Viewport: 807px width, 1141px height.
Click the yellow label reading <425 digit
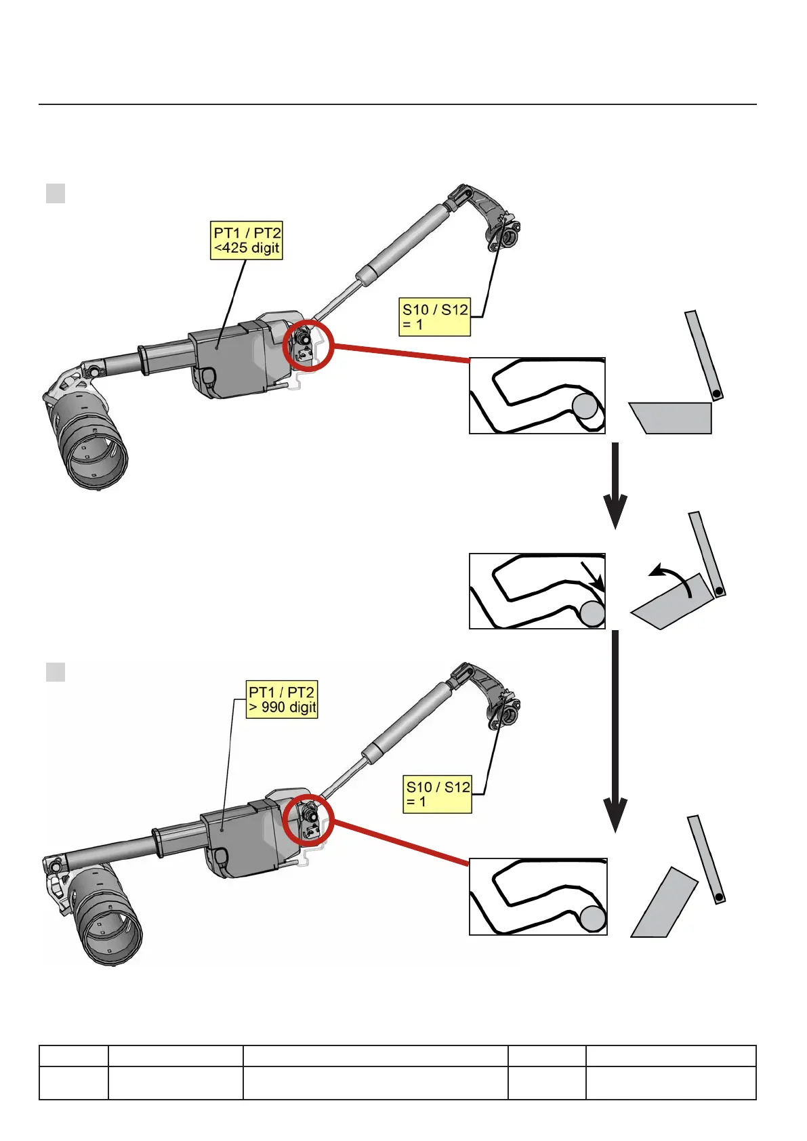click(x=246, y=241)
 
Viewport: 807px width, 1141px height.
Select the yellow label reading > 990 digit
click(x=282, y=700)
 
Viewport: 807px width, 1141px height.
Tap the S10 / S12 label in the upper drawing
click(x=435, y=317)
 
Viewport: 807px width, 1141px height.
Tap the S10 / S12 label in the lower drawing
click(x=438, y=794)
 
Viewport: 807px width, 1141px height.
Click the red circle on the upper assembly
click(x=308, y=345)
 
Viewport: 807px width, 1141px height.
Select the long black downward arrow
click(x=615, y=732)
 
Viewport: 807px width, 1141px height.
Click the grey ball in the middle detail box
click(x=592, y=614)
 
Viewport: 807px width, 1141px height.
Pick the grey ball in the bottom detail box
click(x=593, y=919)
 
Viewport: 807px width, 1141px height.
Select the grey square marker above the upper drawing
click(x=56, y=193)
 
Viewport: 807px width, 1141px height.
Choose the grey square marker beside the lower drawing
click(x=56, y=672)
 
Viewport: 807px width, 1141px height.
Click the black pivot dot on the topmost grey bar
click(x=716, y=393)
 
